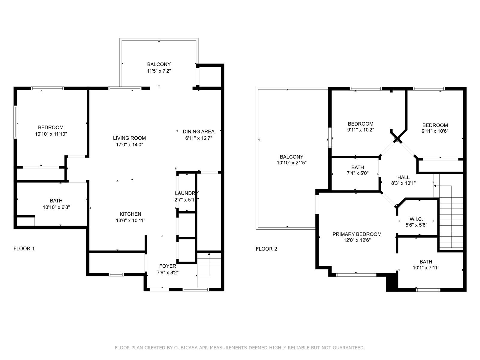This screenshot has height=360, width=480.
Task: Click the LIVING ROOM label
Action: coord(129,138)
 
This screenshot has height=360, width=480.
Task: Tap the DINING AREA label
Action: coord(199,131)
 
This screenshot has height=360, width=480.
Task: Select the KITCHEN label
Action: coord(130,214)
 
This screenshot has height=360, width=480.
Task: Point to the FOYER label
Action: coord(167,266)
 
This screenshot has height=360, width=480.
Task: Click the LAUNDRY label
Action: coord(187,193)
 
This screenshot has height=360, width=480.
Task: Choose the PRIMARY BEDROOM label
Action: coord(357,234)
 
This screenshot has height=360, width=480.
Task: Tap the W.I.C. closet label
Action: coord(416,219)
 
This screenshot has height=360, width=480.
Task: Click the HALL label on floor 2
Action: coord(403,177)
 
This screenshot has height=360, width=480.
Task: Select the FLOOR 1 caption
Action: coord(24,248)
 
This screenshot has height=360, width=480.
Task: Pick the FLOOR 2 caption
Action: coord(267,249)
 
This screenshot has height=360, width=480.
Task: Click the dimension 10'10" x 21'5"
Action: coord(292,163)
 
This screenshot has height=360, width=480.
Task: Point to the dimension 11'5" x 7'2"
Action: coord(159,71)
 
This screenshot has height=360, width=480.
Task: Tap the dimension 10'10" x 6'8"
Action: coord(56,207)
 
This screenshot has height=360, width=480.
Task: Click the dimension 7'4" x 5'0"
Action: coord(358,173)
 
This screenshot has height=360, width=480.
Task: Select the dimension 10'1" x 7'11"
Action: coord(426,268)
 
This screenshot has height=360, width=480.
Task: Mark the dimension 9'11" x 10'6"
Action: coord(435,131)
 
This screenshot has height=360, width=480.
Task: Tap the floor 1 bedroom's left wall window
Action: coord(15,122)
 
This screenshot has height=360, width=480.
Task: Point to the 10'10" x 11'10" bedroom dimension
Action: coord(51,134)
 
